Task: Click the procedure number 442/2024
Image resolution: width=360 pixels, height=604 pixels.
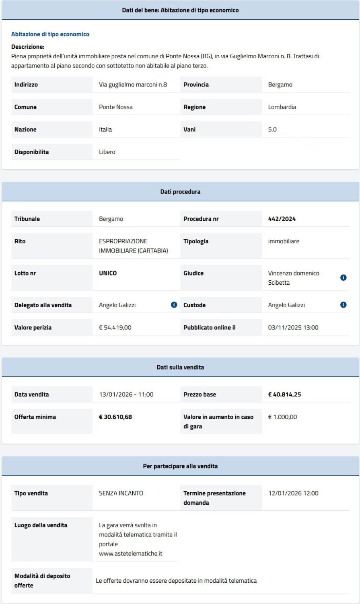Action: pos(282,219)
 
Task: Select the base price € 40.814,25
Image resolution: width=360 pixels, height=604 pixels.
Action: pos(284,394)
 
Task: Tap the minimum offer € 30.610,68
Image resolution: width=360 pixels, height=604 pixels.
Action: pos(115,417)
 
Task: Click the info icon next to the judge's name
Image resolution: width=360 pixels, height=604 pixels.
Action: pos(343,278)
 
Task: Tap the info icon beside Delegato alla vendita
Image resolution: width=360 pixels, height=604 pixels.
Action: pos(174,305)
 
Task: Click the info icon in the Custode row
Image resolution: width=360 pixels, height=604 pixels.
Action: pos(343,305)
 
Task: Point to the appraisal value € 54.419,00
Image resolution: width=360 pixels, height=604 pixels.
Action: pos(115,328)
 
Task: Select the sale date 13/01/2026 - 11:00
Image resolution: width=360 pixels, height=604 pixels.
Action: pos(126,394)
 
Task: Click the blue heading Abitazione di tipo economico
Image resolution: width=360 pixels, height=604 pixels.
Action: pos(50,34)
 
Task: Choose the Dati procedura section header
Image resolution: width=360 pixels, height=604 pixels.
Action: pos(180,192)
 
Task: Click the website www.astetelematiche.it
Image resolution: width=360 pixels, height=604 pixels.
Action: pos(130,554)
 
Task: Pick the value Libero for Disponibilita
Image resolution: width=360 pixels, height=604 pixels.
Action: pos(107,152)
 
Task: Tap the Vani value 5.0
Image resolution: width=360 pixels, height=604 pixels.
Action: pos(272,129)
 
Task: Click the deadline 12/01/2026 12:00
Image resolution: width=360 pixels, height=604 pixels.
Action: pos(293,493)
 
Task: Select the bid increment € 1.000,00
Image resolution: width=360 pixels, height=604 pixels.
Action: pos(282,417)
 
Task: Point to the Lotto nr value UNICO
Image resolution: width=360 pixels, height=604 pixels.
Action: pos(108,273)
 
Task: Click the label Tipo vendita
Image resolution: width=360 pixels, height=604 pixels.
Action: pos(31,493)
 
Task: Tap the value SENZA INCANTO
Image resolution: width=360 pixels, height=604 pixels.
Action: pos(121,493)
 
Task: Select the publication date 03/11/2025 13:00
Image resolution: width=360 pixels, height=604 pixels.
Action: pos(293,328)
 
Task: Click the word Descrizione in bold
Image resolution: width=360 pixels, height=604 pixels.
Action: pos(28,47)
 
